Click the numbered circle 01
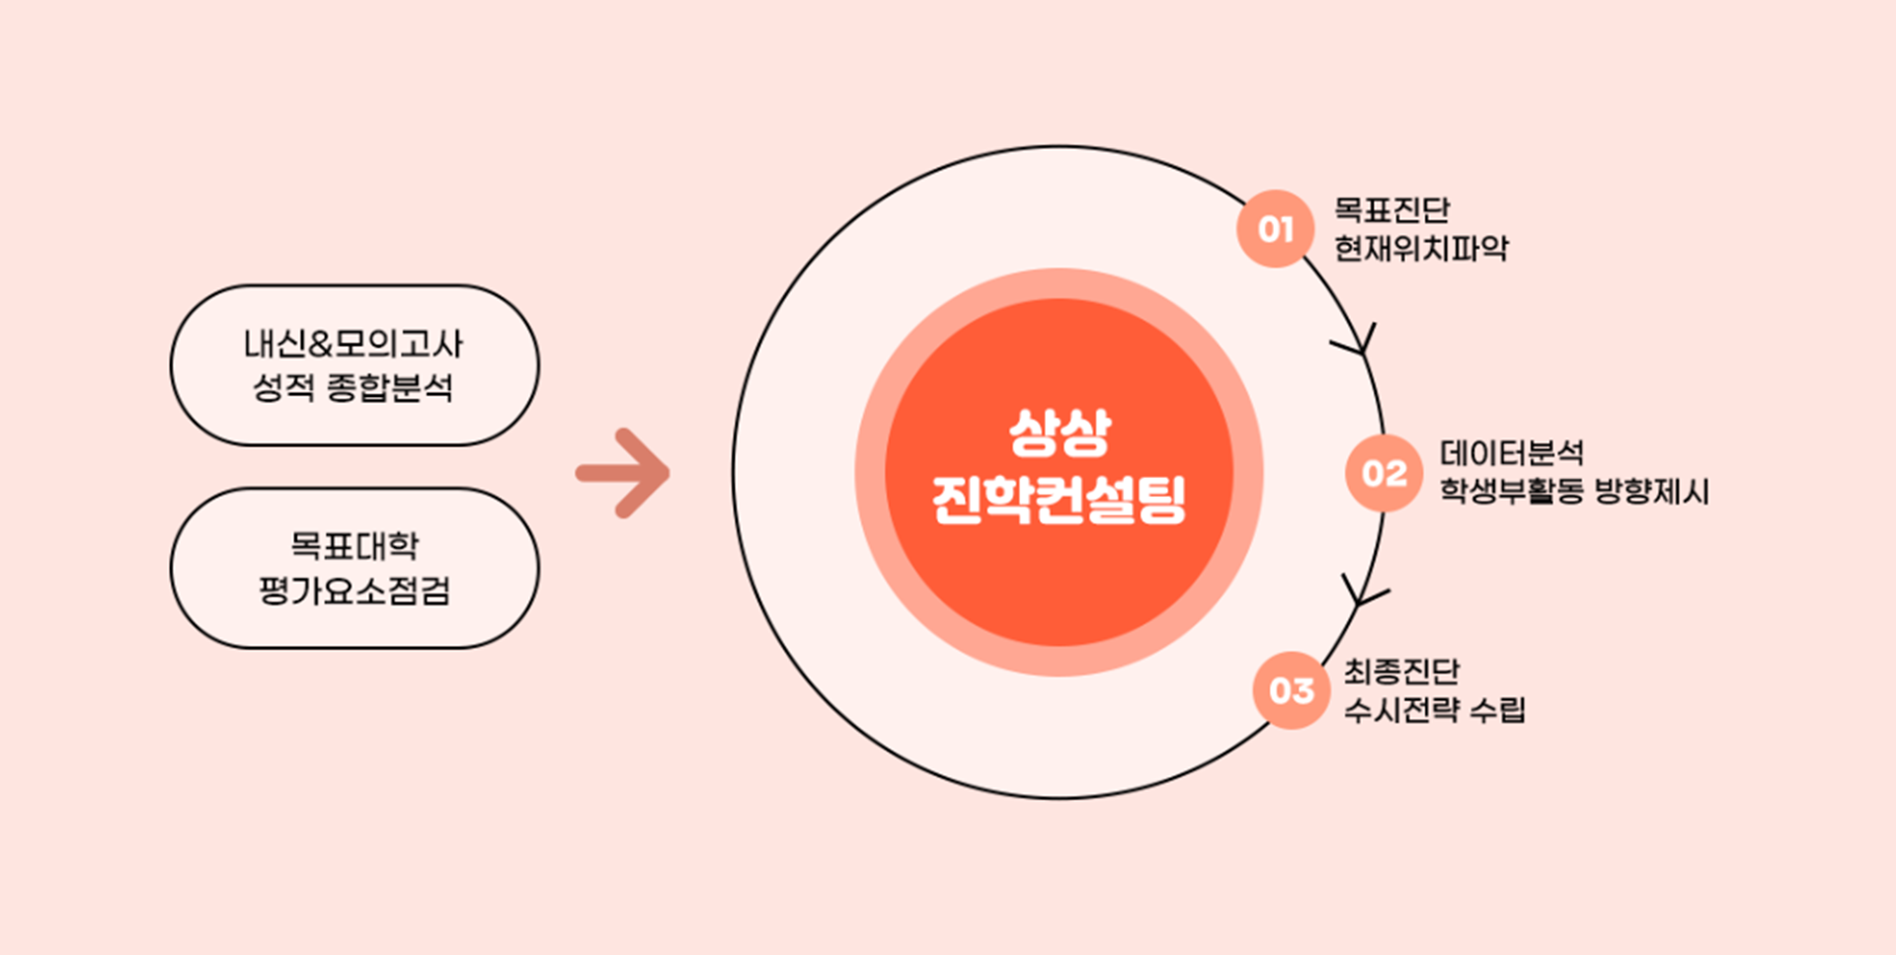click(x=1275, y=229)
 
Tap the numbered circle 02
click(x=1383, y=473)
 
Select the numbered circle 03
click(x=1291, y=690)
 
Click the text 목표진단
click(x=1391, y=209)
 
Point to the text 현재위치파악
click(x=1421, y=248)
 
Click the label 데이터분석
click(x=1511, y=453)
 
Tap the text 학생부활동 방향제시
click(x=1573, y=491)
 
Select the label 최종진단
click(x=1400, y=672)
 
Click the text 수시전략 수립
click(x=1434, y=710)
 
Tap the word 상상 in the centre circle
click(x=1060, y=433)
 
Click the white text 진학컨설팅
click(x=1059, y=500)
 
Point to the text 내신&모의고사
click(x=354, y=344)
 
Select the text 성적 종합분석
click(x=354, y=387)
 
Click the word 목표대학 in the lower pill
click(x=354, y=545)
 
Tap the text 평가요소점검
click(x=354, y=591)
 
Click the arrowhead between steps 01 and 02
click(x=1359, y=342)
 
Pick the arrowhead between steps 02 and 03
click(x=1363, y=593)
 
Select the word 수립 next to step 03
click(x=1497, y=710)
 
